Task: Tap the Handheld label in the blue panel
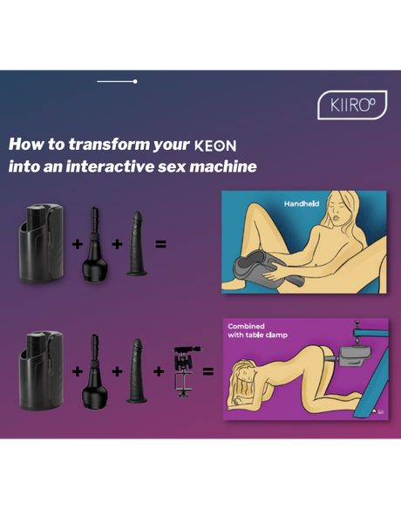[x=302, y=204]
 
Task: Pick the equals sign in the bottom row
[x=208, y=371]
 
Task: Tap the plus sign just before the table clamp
[x=159, y=371]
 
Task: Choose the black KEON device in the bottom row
[x=39, y=369]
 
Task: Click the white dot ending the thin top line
[x=135, y=81]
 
